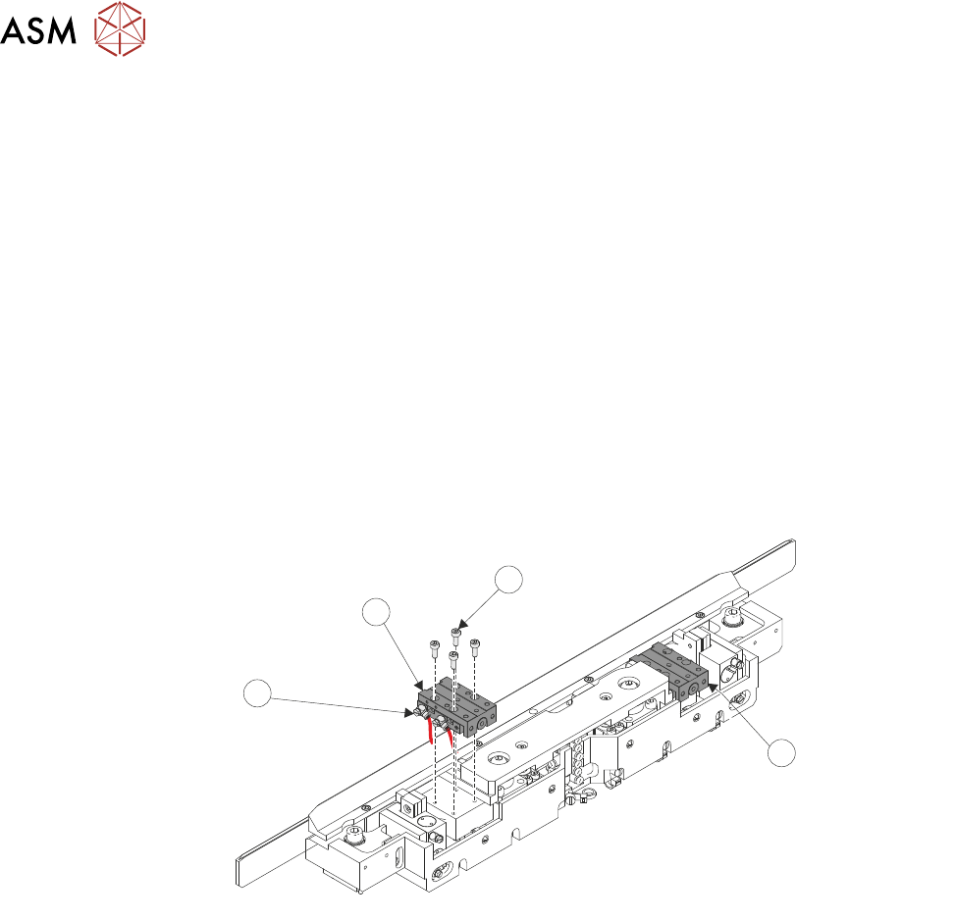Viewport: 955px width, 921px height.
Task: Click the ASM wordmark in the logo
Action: (x=37, y=30)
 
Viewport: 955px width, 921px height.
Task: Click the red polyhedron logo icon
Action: (x=120, y=28)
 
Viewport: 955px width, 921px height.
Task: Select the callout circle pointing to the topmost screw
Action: (x=508, y=580)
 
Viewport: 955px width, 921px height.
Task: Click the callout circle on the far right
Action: (x=781, y=753)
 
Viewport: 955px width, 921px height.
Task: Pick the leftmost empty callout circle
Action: (x=257, y=693)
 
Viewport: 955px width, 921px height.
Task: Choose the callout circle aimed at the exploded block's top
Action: (x=376, y=612)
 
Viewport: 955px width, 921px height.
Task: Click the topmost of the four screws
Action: (x=455, y=637)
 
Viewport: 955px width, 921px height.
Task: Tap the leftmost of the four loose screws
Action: (x=434, y=649)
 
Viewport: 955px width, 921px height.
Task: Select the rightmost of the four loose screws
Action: (x=475, y=647)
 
